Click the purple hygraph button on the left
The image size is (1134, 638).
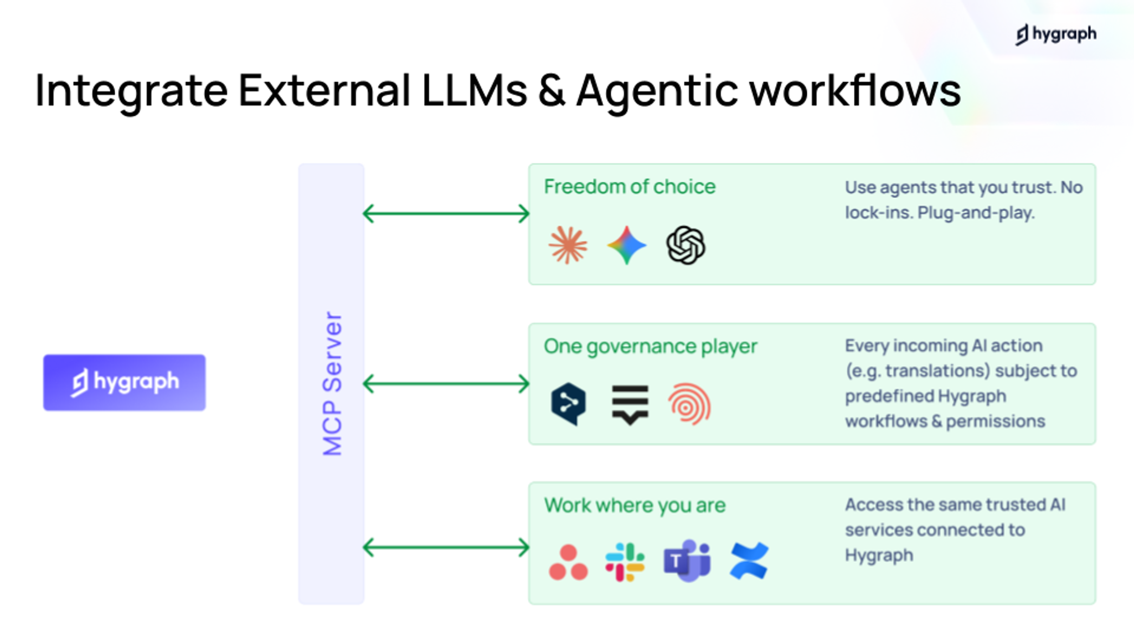124,382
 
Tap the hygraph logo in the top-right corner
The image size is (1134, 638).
1055,34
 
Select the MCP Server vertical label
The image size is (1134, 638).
332,383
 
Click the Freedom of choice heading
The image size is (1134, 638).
629,187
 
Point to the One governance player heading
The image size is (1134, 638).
650,346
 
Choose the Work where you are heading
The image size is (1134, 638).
635,505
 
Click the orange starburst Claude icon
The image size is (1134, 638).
568,245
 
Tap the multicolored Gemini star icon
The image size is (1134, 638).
626,245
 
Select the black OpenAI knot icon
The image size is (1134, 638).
685,245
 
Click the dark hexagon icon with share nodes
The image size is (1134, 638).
568,404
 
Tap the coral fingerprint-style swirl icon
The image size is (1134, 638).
689,405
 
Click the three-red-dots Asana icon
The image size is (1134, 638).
568,562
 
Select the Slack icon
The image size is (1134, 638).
625,562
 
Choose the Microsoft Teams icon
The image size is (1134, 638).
687,560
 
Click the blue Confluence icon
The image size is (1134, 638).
749,561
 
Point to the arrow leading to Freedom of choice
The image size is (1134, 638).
446,213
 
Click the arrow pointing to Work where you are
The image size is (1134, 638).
446,547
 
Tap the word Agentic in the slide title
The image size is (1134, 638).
657,90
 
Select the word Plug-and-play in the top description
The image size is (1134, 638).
976,213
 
